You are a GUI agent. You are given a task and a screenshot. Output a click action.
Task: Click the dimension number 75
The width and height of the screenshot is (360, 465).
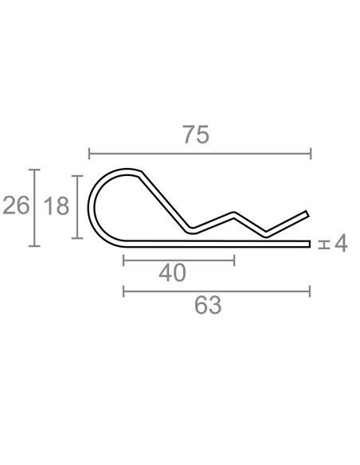pyautogui.click(x=196, y=135)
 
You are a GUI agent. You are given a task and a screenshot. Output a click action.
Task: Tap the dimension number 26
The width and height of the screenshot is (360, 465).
pyautogui.click(x=16, y=205)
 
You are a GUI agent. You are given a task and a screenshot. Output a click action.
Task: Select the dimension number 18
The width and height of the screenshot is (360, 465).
pyautogui.click(x=57, y=206)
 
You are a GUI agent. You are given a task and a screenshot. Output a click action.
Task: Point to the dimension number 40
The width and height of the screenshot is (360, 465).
pyautogui.click(x=172, y=273)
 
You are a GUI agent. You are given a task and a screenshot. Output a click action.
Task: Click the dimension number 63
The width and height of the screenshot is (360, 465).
pyautogui.click(x=208, y=305)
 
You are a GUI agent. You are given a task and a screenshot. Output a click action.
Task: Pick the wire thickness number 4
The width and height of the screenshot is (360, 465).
pyautogui.click(x=341, y=243)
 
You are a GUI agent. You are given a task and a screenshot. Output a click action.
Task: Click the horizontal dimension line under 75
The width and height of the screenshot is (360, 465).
pyautogui.click(x=200, y=154)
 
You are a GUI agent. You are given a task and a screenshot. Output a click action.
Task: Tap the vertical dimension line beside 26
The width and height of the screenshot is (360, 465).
pyautogui.click(x=34, y=208)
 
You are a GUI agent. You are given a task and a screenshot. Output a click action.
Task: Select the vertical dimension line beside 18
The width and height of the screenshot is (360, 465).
pyautogui.click(x=77, y=207)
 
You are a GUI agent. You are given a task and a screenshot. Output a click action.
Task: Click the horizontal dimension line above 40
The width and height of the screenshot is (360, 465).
pyautogui.click(x=179, y=260)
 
